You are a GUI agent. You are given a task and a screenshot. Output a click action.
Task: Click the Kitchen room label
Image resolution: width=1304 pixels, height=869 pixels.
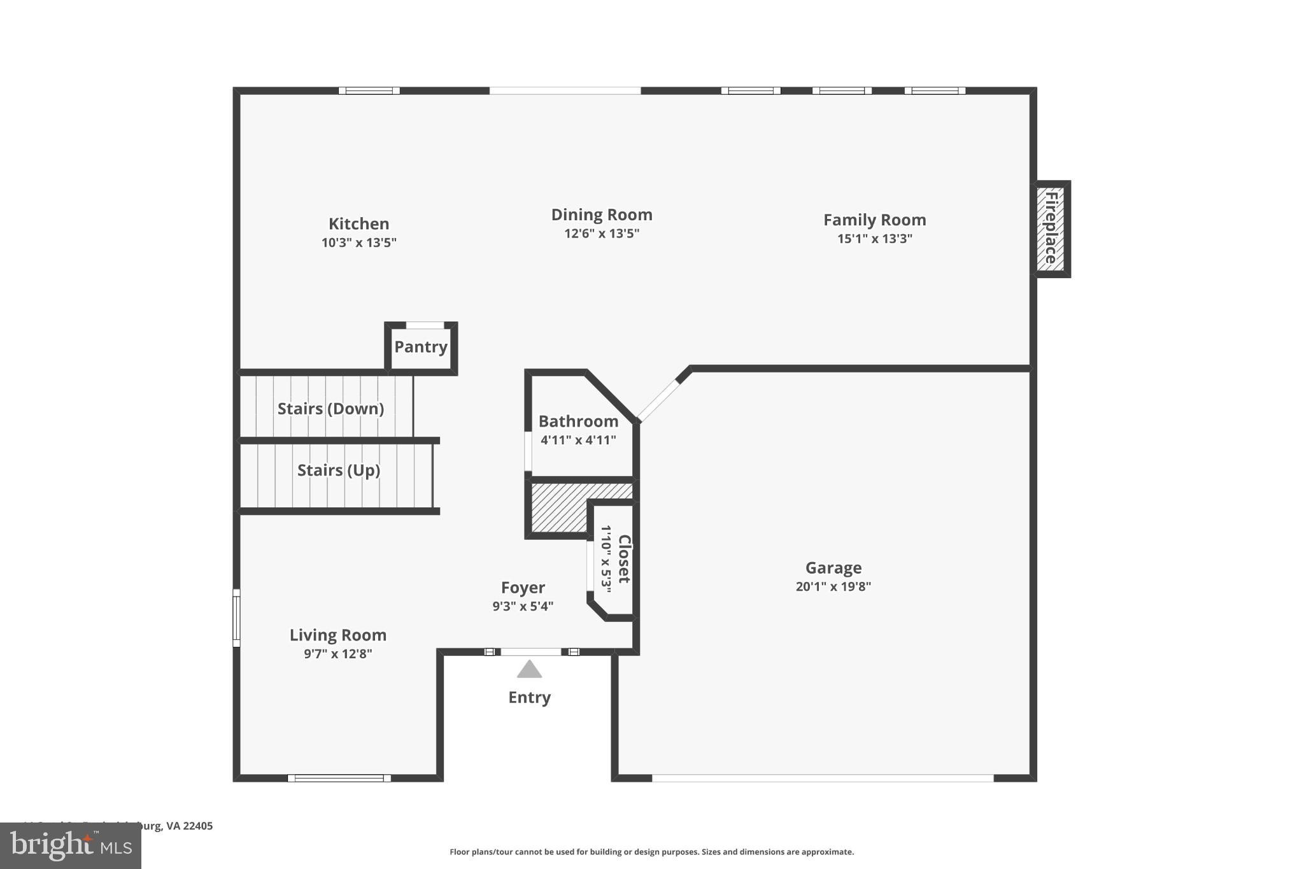358,224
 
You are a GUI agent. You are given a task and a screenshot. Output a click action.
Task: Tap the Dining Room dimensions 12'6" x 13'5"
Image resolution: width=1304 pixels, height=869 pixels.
601,234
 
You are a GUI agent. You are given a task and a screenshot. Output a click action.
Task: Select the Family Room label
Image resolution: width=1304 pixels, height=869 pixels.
874,220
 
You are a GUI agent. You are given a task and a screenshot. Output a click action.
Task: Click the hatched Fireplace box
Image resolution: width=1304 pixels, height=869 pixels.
1051,229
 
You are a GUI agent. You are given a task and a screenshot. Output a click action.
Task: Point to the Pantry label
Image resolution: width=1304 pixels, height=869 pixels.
421,347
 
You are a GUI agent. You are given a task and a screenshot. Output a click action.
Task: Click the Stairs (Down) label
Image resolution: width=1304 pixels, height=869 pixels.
330,409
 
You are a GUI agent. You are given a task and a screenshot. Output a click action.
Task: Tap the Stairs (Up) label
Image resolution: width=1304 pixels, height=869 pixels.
338,470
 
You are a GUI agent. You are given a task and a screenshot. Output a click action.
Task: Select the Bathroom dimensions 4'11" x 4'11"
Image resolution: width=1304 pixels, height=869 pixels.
578,440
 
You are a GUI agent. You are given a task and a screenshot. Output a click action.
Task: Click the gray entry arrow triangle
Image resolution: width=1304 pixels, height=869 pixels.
529,670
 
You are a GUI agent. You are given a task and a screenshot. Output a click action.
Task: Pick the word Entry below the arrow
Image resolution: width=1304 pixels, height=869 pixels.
529,698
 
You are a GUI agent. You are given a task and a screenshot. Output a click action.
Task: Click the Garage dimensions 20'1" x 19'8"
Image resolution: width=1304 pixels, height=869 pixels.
833,587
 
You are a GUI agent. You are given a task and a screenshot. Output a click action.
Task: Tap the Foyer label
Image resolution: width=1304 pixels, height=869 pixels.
523,588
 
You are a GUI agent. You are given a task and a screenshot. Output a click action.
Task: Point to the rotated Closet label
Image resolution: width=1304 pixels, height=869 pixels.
624,559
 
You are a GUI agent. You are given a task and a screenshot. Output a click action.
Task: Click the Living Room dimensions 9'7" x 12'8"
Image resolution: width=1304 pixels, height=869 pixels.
337,654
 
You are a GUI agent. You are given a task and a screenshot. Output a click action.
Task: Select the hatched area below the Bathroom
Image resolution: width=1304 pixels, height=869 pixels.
557,509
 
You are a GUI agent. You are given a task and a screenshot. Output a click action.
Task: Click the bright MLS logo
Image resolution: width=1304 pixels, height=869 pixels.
70,846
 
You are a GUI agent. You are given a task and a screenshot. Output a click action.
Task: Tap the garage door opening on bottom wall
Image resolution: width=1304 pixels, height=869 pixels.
822,778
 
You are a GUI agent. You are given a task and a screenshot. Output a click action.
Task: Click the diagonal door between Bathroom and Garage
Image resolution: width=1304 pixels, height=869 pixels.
658,401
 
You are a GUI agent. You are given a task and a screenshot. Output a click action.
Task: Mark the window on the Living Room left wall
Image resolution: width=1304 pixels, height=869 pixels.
236,618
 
